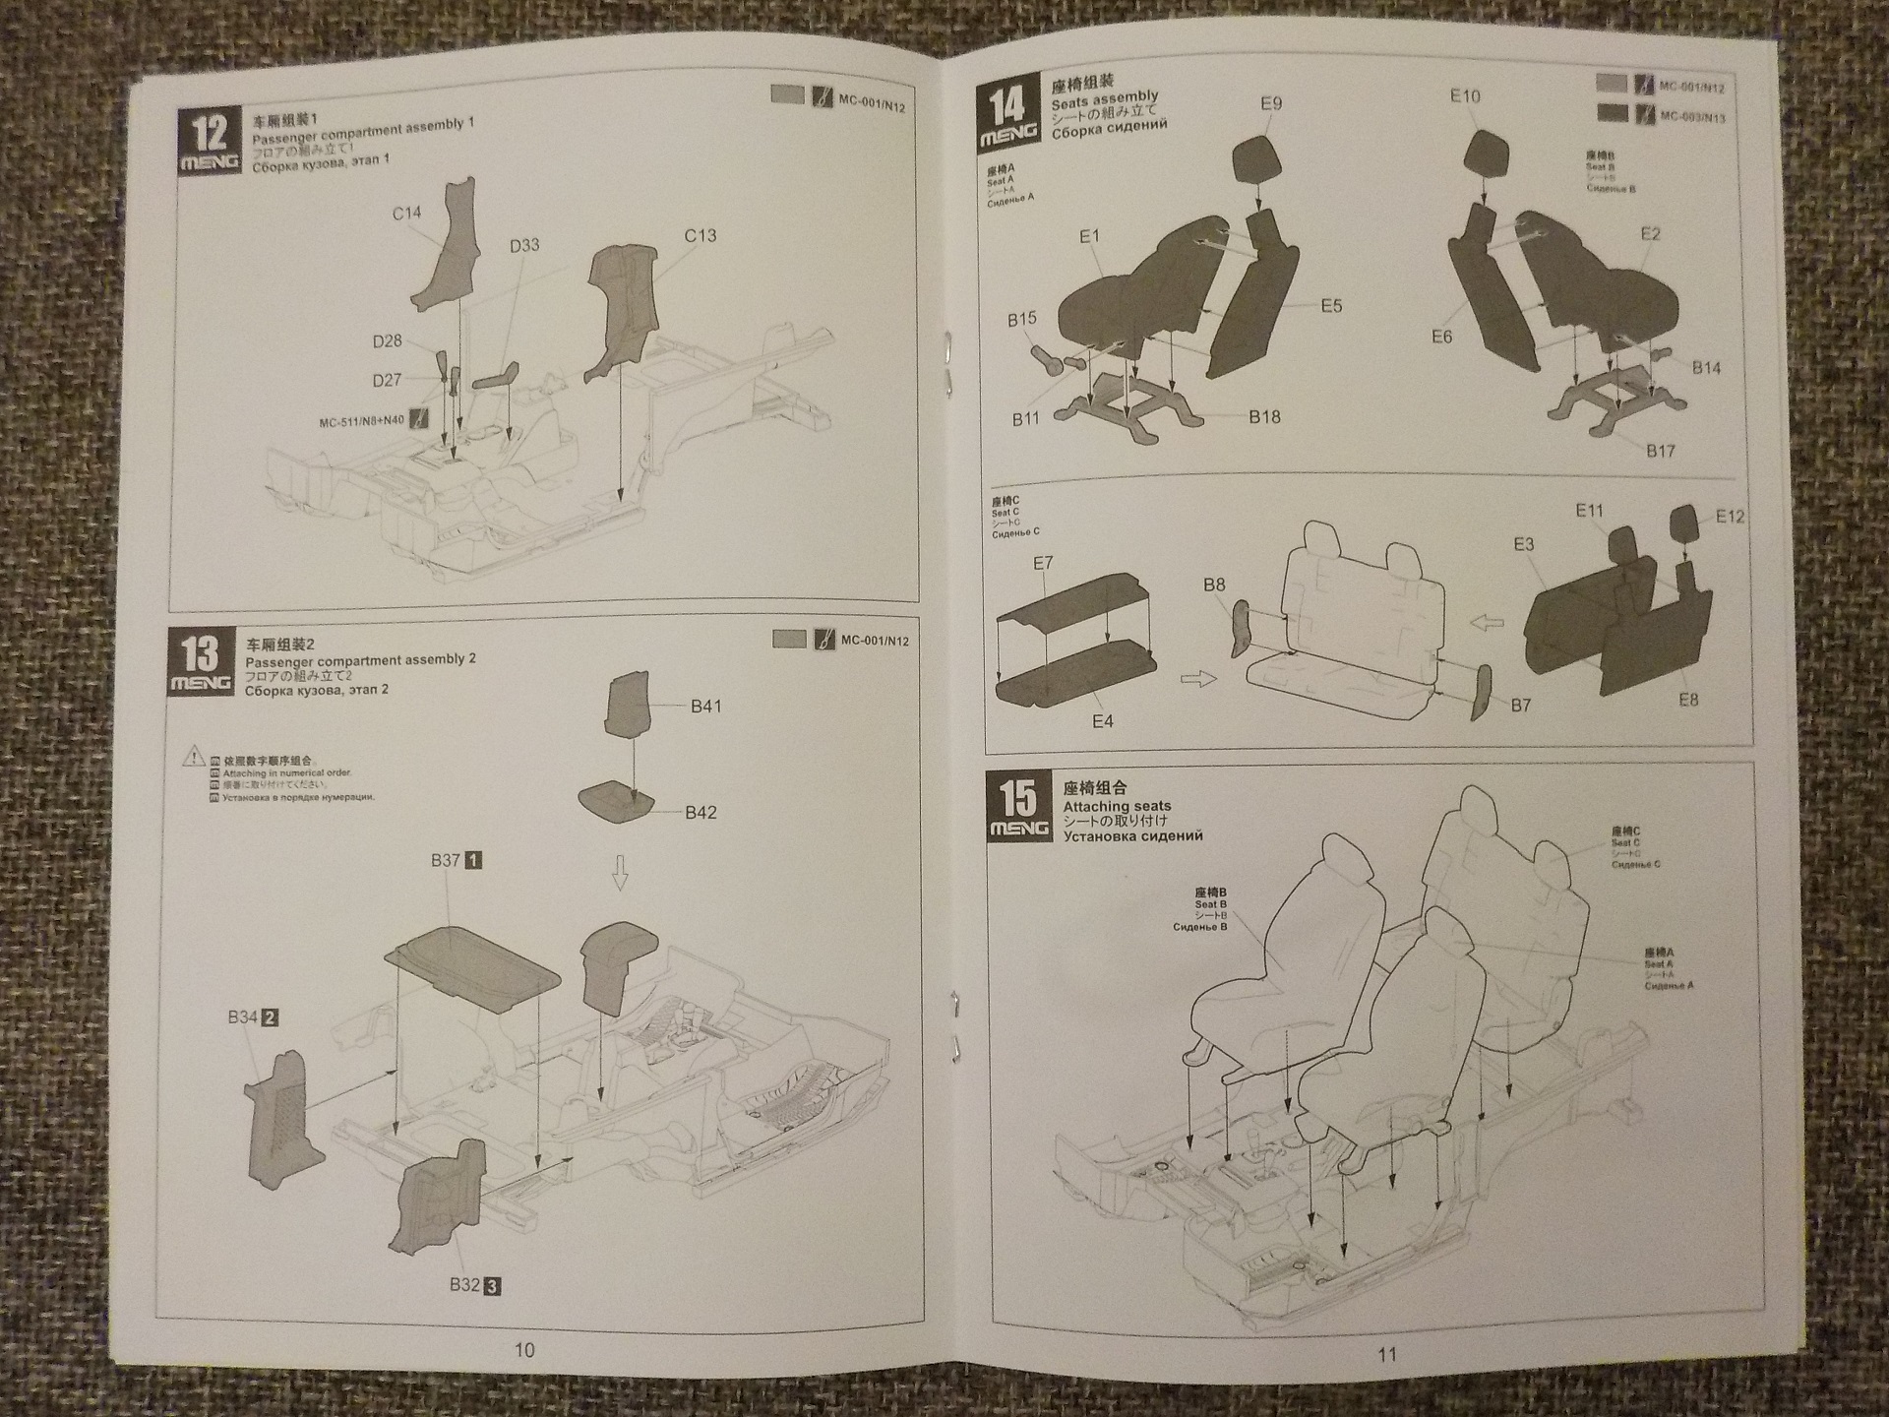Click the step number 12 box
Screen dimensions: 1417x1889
(x=210, y=143)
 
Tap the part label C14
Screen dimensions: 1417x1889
(x=406, y=214)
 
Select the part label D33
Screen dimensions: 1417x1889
(x=524, y=245)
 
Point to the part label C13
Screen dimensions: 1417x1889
(x=701, y=236)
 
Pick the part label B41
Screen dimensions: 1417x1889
(x=705, y=706)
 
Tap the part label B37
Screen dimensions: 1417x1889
(x=446, y=860)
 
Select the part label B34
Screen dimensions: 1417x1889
(x=242, y=1017)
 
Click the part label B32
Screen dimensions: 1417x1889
(x=464, y=1285)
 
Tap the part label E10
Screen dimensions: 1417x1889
(x=1465, y=96)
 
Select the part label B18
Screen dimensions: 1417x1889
(x=1264, y=417)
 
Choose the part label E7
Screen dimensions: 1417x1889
(x=1043, y=563)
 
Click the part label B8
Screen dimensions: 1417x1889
(x=1214, y=585)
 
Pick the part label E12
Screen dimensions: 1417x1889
(x=1730, y=517)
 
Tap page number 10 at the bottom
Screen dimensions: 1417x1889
(x=524, y=1350)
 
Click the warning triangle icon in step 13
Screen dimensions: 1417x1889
(x=193, y=756)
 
